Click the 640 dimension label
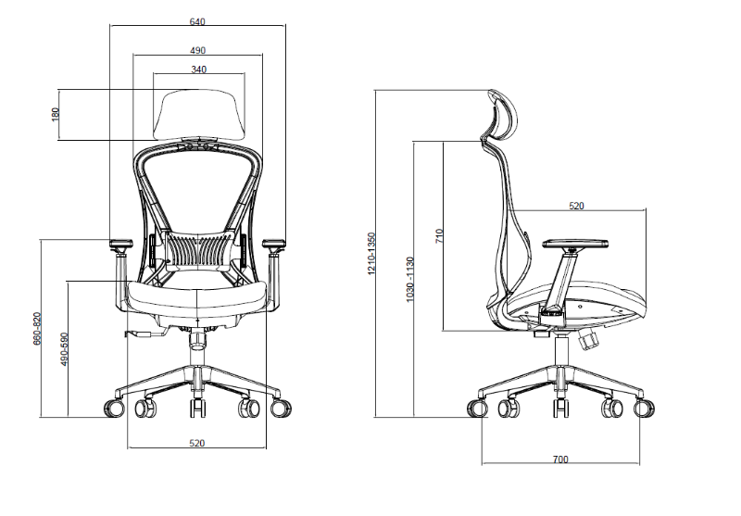pos(197,21)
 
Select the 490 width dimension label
pos(197,51)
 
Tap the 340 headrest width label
pos(199,69)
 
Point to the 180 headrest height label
pos(56,114)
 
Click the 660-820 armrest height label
pos(37,329)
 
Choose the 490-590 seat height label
pos(65,349)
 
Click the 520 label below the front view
pos(197,443)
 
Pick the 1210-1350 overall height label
pos(371,254)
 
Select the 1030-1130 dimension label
pos(409,279)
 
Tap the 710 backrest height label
pos(439,235)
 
